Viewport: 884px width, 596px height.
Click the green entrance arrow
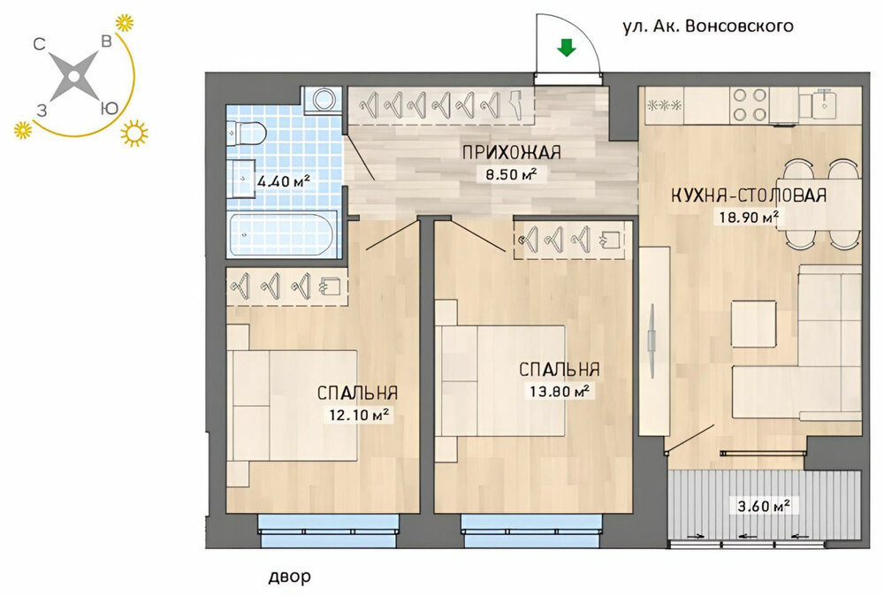(x=567, y=48)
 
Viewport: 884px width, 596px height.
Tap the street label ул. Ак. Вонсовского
(x=707, y=26)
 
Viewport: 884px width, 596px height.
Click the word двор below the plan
(x=289, y=577)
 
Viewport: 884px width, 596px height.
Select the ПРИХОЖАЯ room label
(x=511, y=152)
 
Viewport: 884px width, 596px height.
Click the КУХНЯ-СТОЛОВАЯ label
(x=749, y=195)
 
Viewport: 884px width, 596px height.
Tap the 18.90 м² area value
(x=749, y=217)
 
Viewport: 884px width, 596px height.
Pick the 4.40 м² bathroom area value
(x=284, y=181)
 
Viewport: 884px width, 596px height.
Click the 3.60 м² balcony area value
(x=764, y=506)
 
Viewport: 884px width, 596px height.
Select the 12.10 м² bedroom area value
(x=359, y=415)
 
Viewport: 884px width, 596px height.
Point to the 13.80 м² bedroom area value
(x=560, y=391)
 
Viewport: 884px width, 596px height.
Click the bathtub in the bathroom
(x=282, y=233)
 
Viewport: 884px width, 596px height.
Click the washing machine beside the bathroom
(x=323, y=101)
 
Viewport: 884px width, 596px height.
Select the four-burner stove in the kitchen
(x=750, y=105)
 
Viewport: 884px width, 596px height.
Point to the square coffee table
(x=753, y=324)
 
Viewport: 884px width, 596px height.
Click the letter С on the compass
(x=39, y=43)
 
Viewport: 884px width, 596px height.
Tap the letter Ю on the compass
(x=109, y=107)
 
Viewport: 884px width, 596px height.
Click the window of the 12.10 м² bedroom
(x=329, y=531)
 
